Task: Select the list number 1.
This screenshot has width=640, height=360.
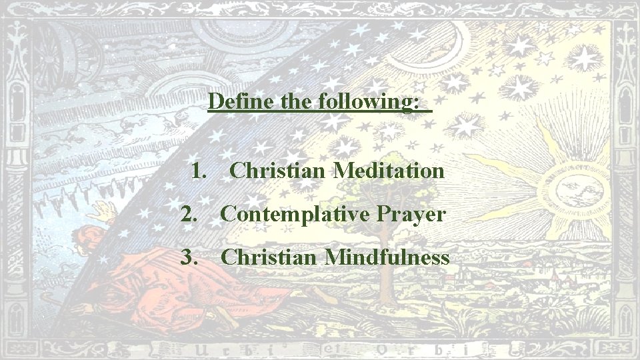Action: [198, 171]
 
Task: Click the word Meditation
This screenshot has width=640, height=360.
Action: [389, 171]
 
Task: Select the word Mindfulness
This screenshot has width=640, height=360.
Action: [387, 257]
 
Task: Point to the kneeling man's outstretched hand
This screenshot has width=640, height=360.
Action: [103, 212]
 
